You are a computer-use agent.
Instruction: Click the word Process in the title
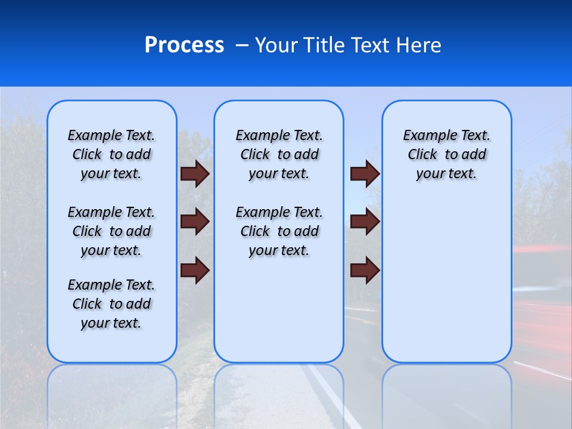tap(184, 45)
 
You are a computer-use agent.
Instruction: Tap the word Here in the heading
tap(419, 45)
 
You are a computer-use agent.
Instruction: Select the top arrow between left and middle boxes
tap(195, 173)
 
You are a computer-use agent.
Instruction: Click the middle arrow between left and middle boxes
tap(195, 222)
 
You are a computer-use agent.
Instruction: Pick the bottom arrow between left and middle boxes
tap(195, 270)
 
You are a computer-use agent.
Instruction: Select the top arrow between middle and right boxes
tap(365, 173)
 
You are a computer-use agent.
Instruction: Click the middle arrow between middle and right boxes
tap(365, 222)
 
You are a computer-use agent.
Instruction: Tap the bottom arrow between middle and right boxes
tap(365, 270)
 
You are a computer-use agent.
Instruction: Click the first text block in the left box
tap(111, 154)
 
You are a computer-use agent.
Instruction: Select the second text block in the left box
tap(111, 231)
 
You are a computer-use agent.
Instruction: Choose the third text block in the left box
tap(111, 304)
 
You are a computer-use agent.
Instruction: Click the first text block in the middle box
tap(279, 154)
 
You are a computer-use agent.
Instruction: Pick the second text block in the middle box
tap(279, 231)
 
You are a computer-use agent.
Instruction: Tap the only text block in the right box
tap(446, 154)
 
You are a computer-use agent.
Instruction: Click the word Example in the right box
tap(425, 136)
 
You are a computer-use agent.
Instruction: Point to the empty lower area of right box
tap(446, 280)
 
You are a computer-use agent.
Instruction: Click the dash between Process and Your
tap(243, 46)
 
